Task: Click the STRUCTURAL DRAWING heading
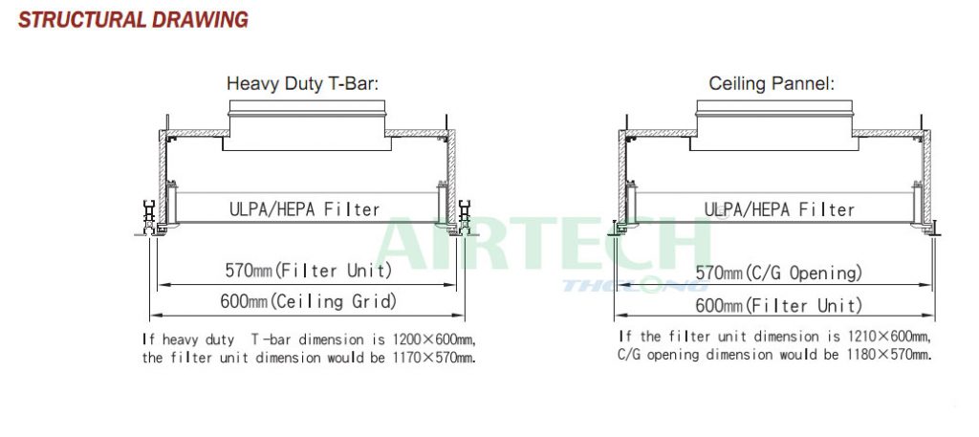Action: [x=133, y=19]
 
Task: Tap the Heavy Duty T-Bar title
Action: [x=302, y=83]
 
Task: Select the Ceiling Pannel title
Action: [x=772, y=83]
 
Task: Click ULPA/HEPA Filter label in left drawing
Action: [x=304, y=208]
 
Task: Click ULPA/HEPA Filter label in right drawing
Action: [x=779, y=208]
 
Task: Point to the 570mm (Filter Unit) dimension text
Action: [x=309, y=271]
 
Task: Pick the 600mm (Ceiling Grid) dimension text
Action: [x=309, y=301]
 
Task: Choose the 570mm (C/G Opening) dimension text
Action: [x=778, y=273]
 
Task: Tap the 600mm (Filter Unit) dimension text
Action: [x=778, y=305]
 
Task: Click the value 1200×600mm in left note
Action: [x=434, y=339]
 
